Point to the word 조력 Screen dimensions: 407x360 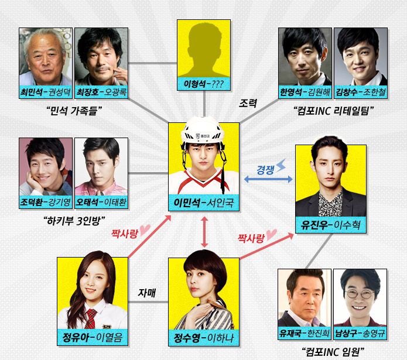coord(248,103)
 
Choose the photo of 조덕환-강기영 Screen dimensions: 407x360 coord(46,166)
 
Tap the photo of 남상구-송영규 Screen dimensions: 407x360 coord(360,297)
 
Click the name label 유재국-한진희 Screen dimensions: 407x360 coord(305,334)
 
